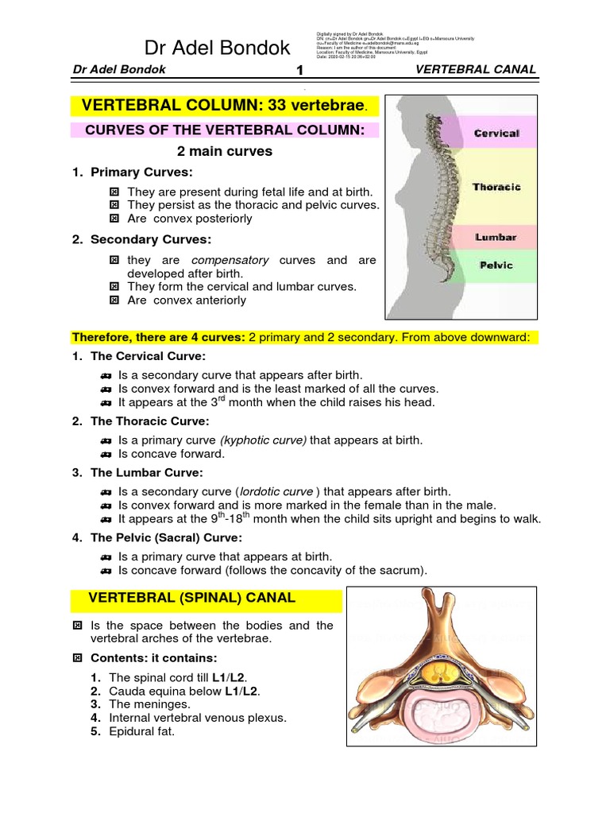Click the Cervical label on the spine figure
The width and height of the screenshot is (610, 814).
coord(496,134)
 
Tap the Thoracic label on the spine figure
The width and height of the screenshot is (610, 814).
coord(496,188)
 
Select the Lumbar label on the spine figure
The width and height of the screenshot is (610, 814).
coord(496,237)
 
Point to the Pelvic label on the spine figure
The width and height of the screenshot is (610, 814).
coord(495,265)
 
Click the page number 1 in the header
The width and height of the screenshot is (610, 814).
coord(300,71)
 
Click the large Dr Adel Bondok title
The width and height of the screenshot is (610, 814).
coord(218,48)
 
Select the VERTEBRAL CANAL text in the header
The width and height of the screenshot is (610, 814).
coord(476,70)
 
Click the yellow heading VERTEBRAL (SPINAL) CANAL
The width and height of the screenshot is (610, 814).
coord(191,597)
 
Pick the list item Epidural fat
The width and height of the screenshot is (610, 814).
coord(141,731)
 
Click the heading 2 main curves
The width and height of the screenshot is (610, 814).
coord(224,151)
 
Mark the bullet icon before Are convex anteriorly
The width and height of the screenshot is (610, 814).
coord(114,300)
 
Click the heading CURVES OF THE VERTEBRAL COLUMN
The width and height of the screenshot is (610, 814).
coord(224,129)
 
